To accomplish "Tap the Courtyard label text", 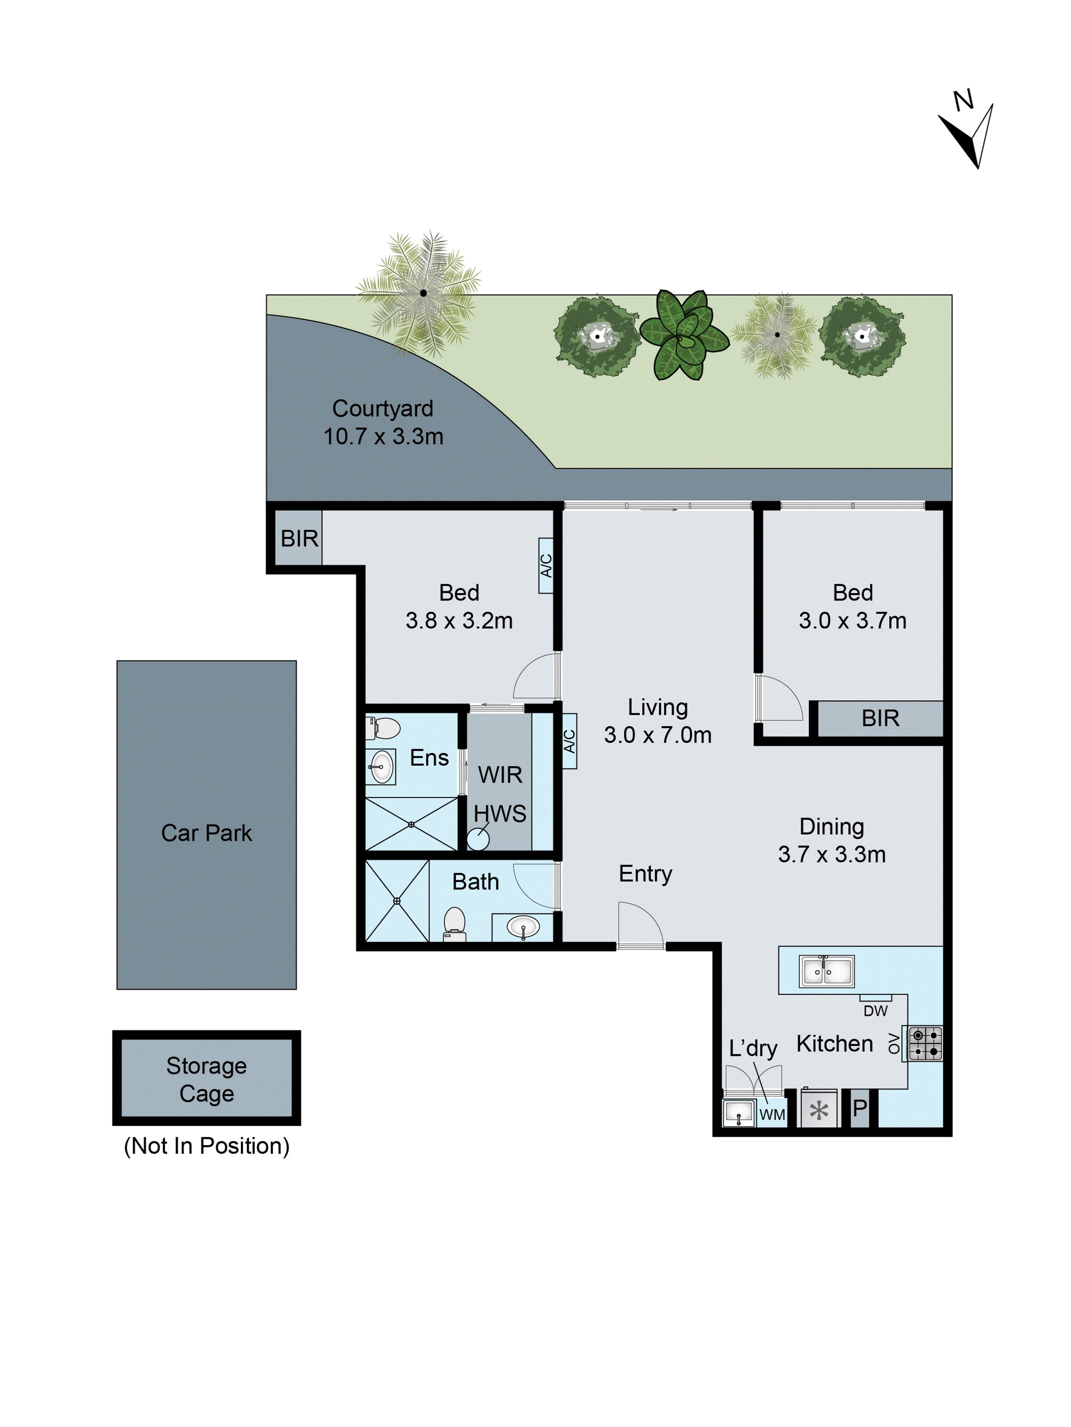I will (x=383, y=408).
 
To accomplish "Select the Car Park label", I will (x=206, y=833).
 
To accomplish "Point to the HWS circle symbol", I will (x=478, y=839).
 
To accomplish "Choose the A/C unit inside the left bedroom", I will (x=546, y=566).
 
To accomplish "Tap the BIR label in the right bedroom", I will (x=880, y=718).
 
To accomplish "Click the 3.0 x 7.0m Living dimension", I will (x=658, y=735).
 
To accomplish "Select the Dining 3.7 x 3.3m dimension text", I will (x=832, y=854).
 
